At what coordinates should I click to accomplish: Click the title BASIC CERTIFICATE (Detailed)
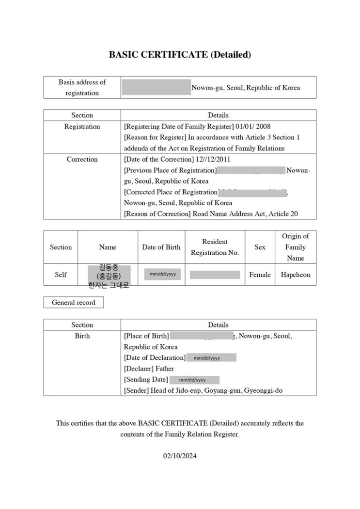click(180, 55)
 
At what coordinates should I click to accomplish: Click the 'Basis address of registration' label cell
click(82, 87)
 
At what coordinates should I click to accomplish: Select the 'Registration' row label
click(82, 126)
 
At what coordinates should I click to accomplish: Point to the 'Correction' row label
click(82, 159)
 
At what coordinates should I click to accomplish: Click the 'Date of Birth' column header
click(161, 247)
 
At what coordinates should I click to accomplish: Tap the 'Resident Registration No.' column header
click(215, 247)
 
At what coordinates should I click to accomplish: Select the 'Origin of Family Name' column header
click(295, 247)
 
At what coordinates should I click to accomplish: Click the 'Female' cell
click(260, 275)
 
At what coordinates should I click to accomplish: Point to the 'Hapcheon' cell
click(295, 275)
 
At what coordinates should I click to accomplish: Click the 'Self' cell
click(61, 275)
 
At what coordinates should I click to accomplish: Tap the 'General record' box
click(74, 303)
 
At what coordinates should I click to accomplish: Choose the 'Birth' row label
click(82, 336)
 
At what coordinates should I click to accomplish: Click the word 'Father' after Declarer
click(164, 369)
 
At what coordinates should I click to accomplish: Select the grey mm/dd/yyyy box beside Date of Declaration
click(211, 358)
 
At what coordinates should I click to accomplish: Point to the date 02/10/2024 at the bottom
click(180, 456)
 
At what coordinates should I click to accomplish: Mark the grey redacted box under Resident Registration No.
click(215, 275)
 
